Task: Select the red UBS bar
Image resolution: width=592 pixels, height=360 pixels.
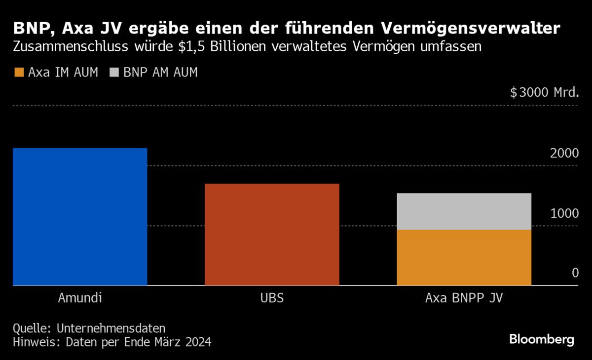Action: point(272,235)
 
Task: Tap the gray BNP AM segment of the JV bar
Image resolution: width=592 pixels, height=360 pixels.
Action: point(464,212)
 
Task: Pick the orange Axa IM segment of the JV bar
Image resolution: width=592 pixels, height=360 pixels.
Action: point(464,257)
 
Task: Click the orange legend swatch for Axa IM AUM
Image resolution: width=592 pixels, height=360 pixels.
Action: point(18,72)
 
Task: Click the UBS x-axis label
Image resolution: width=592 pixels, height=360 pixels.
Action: point(272,298)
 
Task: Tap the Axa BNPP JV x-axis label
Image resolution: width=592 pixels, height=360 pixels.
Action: point(464,298)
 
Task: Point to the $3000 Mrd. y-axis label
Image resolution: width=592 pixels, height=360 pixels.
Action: point(544,92)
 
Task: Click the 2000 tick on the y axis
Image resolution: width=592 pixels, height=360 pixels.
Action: point(564,153)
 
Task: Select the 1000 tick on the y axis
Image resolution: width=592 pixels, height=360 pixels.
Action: point(564,213)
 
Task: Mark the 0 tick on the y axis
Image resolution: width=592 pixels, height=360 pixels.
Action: point(575,273)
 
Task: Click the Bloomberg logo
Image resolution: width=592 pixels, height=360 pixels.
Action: point(542,339)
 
